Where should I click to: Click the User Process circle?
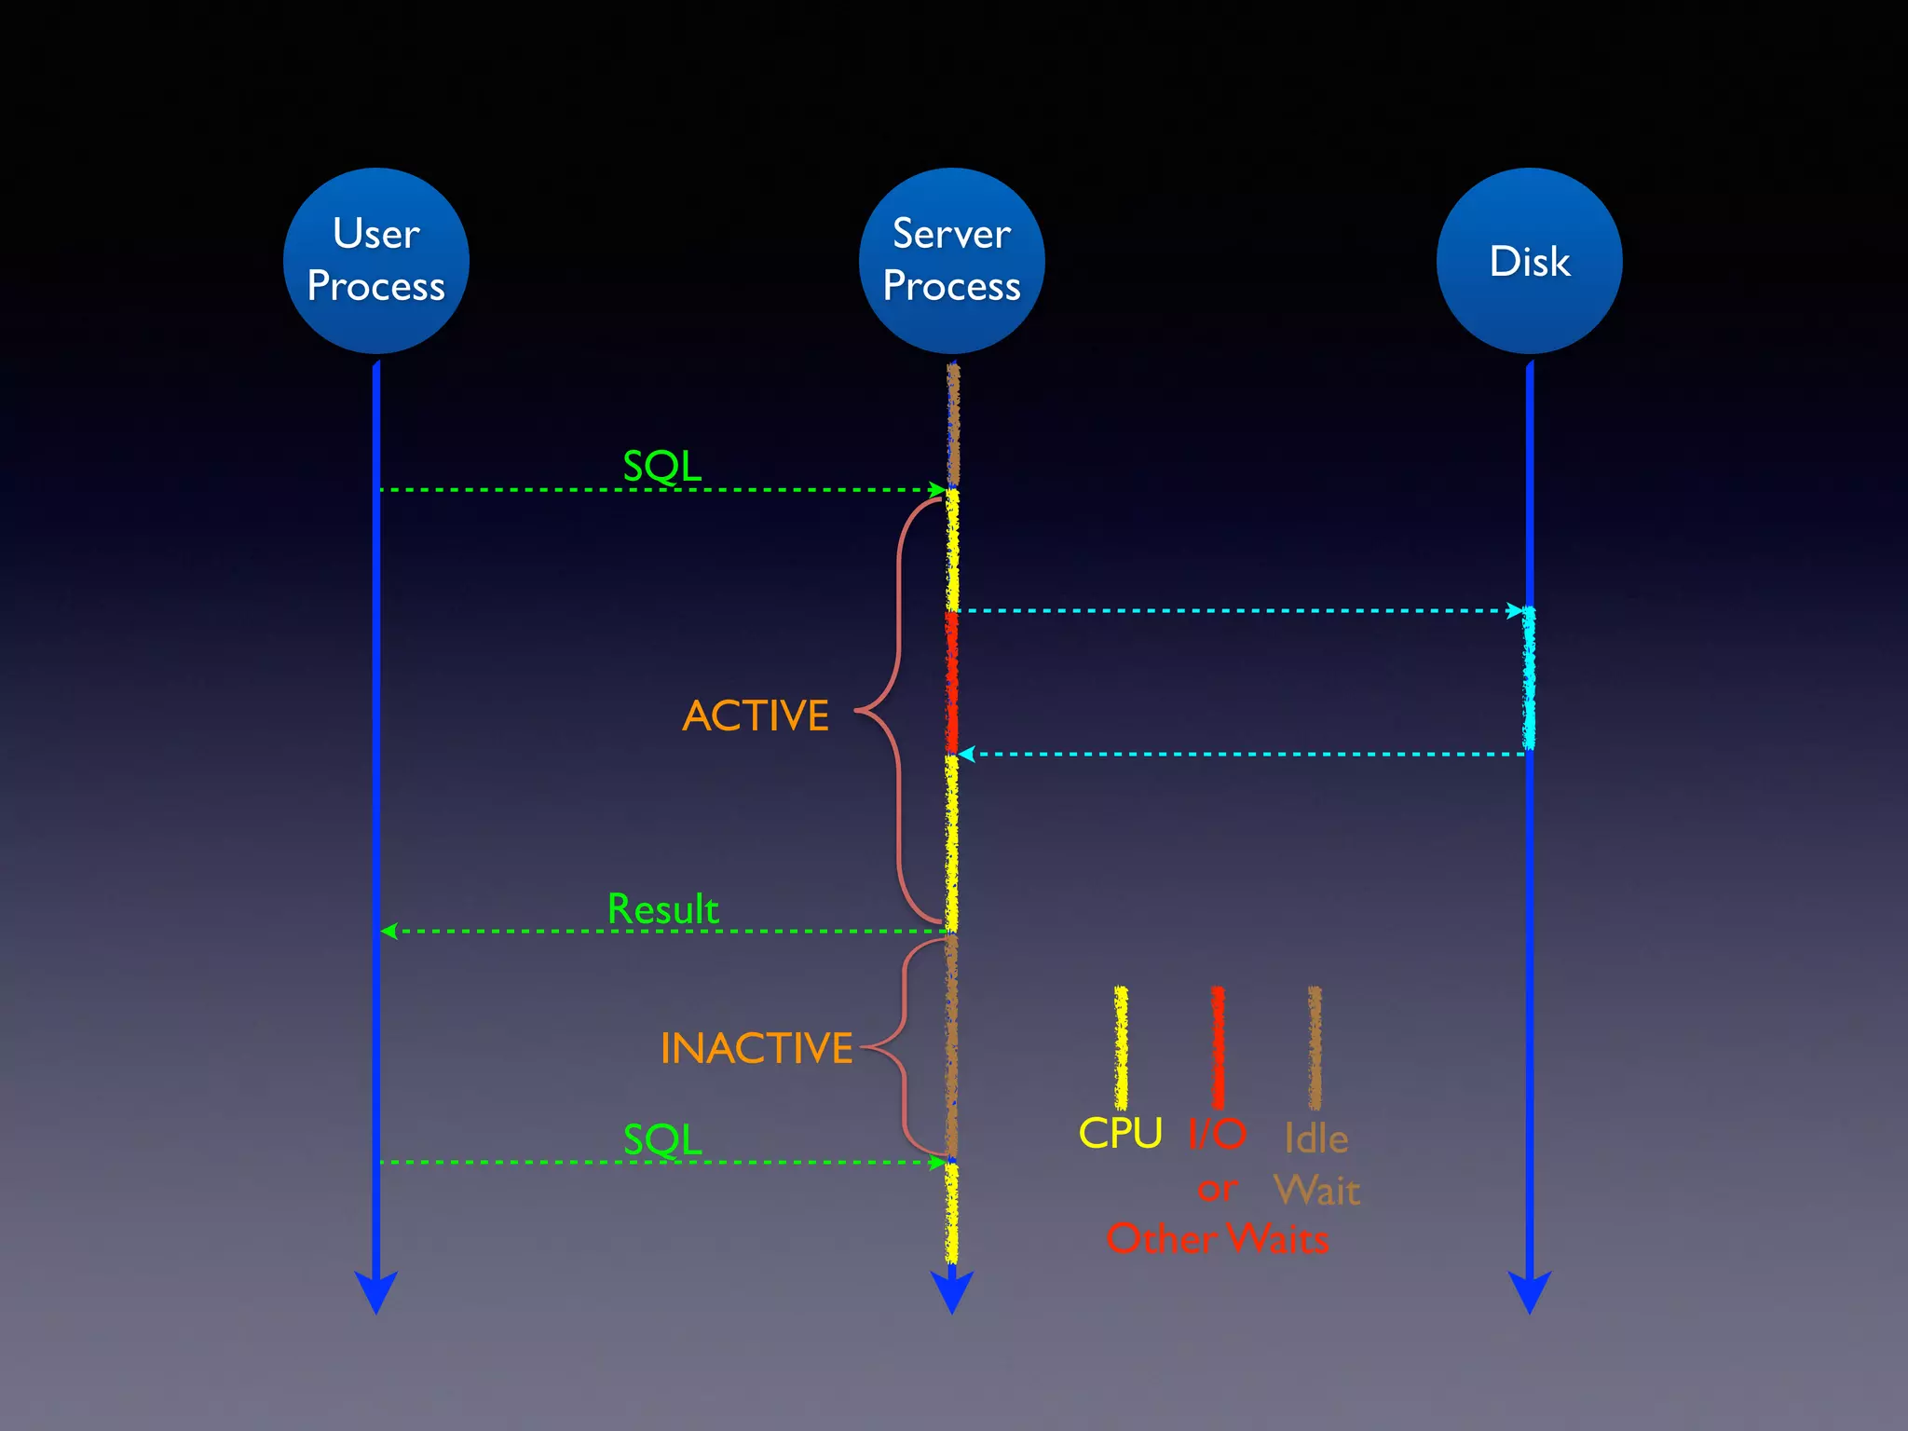375,260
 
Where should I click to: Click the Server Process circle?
951,260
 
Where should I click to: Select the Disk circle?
1529,260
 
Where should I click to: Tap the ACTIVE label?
756,716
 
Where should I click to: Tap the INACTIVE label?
756,1048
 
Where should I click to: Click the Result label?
662,909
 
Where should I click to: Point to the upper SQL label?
661,466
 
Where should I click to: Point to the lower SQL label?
661,1139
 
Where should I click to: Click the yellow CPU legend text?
1120,1134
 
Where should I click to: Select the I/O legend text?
1217,1134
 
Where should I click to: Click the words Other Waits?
1217,1239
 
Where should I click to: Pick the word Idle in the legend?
1315,1138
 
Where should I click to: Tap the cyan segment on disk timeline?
1529,678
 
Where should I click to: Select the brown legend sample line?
1315,1048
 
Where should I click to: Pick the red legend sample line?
1217,1048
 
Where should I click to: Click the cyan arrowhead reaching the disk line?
1515,611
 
